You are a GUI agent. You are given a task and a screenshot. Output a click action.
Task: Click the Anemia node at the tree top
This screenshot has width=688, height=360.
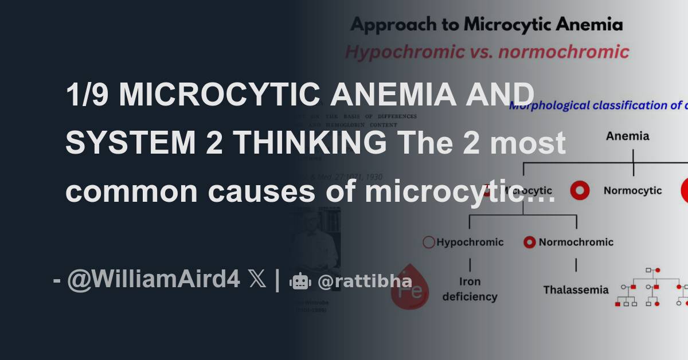tap(628, 136)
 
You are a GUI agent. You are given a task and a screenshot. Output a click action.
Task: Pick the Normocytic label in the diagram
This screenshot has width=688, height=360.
tap(632, 190)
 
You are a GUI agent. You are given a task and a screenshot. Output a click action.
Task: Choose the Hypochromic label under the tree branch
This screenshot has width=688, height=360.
tap(470, 242)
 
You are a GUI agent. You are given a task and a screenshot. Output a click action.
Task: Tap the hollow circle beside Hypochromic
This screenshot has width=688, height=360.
tap(429, 242)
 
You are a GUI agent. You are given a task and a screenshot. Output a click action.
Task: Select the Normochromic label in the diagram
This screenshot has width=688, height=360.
tap(576, 242)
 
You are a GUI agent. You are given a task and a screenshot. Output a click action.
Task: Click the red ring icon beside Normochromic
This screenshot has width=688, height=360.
tap(530, 242)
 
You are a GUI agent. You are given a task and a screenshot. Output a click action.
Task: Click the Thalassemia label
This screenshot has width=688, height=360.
tap(576, 289)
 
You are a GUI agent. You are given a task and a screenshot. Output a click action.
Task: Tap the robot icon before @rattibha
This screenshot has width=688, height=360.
tap(300, 281)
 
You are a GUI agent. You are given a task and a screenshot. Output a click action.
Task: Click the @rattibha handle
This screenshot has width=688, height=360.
tap(365, 281)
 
